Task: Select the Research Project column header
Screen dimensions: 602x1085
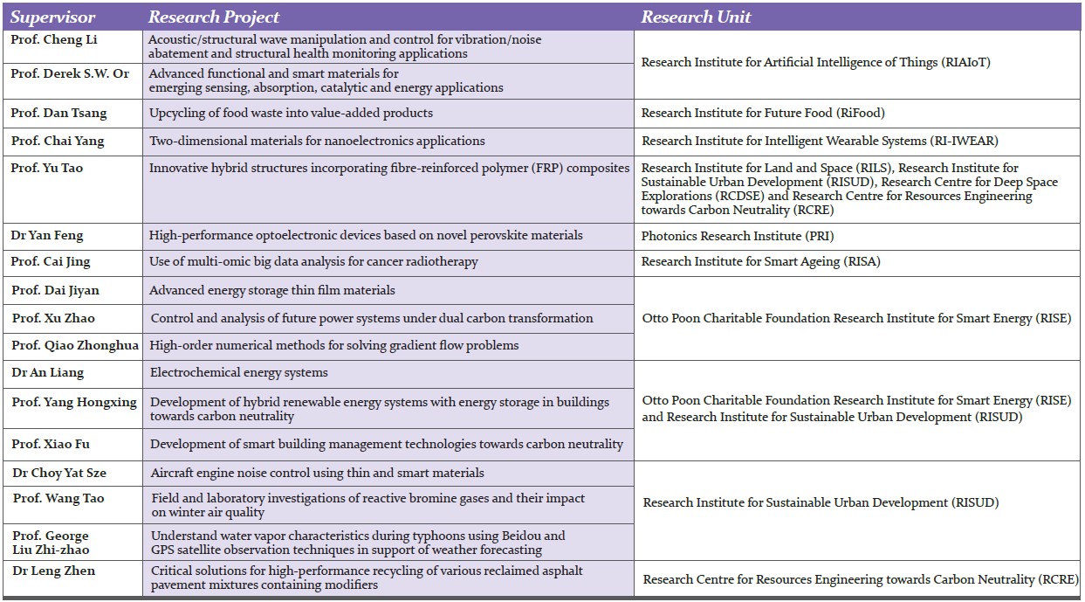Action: [x=214, y=17]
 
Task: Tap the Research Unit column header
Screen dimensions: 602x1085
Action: [x=696, y=17]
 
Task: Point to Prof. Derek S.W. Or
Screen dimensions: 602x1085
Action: [x=70, y=73]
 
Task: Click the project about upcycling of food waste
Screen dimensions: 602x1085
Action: [x=291, y=113]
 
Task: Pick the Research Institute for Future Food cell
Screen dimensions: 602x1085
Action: [x=763, y=113]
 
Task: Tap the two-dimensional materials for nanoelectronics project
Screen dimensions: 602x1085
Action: [x=317, y=141]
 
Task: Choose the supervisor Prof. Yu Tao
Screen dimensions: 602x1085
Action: [x=47, y=168]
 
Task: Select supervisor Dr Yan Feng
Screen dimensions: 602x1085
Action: [x=47, y=235]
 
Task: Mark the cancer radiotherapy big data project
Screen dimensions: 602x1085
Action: [x=313, y=261]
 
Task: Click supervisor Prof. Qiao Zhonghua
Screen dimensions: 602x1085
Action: [x=75, y=345]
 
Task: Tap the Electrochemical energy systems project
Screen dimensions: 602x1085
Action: [x=239, y=372]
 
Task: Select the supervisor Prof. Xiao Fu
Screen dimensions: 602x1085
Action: [x=51, y=444]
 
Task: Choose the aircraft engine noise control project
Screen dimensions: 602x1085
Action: [x=317, y=473]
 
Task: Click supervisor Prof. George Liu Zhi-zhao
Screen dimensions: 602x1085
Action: [x=51, y=542]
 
